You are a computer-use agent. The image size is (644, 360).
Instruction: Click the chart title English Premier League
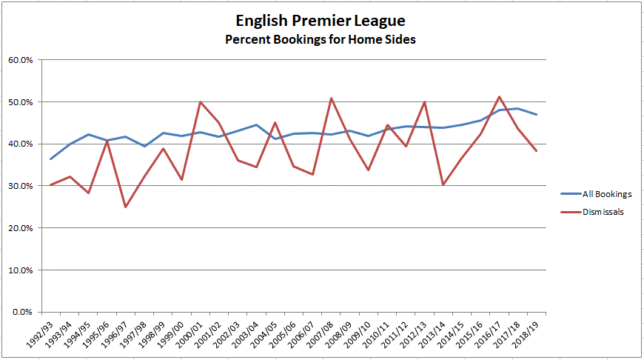click(321, 19)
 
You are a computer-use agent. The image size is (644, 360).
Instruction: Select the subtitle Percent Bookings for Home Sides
click(321, 39)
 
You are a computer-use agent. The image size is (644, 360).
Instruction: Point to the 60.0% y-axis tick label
click(20, 60)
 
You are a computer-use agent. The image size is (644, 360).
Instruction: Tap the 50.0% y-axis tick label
click(20, 102)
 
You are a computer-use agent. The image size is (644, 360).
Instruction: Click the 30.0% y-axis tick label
click(20, 186)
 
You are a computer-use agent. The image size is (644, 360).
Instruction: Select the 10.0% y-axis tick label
click(20, 270)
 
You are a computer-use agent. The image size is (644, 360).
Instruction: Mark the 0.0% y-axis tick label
click(22, 312)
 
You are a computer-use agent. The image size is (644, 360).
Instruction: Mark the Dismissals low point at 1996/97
click(126, 207)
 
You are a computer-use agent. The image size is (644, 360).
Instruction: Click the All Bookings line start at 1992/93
click(51, 159)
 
